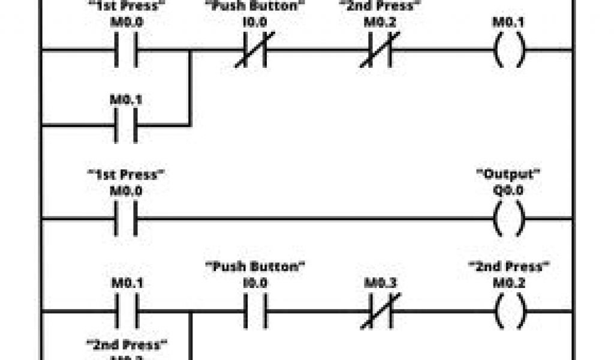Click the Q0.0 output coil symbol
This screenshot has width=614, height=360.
[508, 220]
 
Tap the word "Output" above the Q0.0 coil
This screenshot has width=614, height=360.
[508, 175]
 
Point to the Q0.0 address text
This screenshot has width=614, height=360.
[508, 190]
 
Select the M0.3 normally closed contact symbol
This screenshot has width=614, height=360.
[377, 312]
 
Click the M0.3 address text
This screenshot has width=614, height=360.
[377, 282]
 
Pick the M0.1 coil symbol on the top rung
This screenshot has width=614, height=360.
[508, 50]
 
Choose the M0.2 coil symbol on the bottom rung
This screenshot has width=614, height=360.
[508, 312]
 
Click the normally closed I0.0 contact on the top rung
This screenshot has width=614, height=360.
[254, 50]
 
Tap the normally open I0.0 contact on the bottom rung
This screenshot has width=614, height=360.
[255, 312]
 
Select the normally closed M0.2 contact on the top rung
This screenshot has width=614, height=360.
[377, 50]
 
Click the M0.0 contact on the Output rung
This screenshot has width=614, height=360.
[126, 220]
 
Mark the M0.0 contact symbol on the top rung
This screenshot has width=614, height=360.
[126, 50]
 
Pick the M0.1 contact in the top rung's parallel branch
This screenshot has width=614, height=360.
[126, 126]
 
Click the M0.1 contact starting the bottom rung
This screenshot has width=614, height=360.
[126, 312]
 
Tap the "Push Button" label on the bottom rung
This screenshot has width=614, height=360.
[255, 266]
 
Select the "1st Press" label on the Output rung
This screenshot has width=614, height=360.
[126, 175]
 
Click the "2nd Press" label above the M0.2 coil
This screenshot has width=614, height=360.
[508, 266]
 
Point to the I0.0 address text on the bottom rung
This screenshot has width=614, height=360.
[255, 282]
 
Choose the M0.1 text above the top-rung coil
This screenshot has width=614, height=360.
[508, 22]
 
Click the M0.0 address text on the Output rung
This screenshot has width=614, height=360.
[126, 190]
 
